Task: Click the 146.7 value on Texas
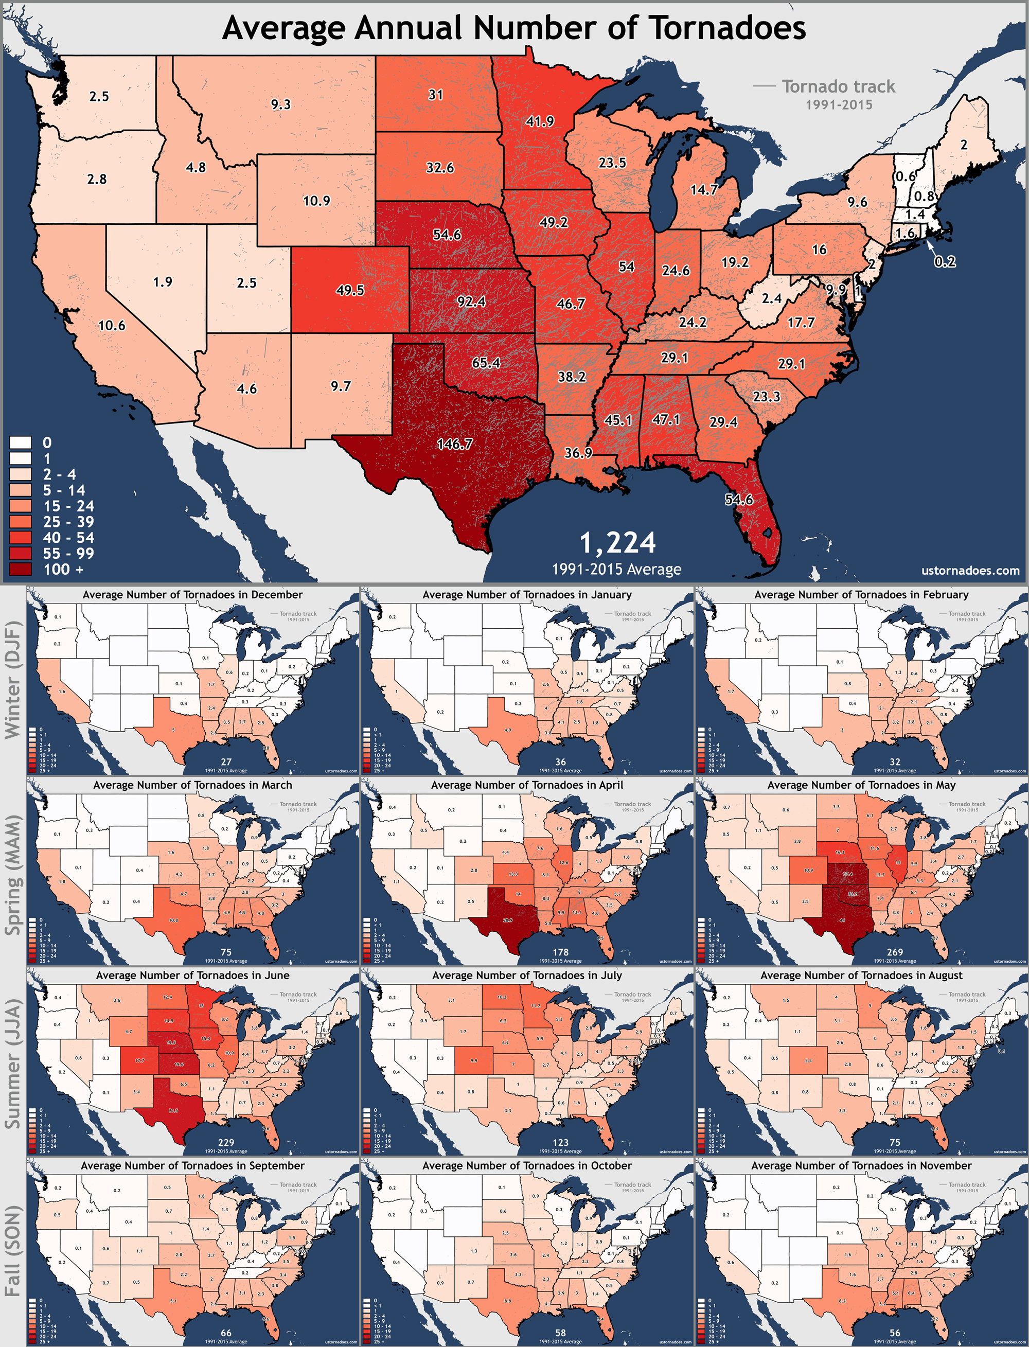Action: [454, 444]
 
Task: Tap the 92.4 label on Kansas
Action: [471, 301]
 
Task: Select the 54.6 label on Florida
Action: [739, 499]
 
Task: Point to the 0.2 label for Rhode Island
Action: [945, 261]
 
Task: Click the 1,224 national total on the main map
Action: [617, 543]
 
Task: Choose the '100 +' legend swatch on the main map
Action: [20, 569]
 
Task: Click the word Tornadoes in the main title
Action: [727, 28]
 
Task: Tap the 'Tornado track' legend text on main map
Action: [838, 87]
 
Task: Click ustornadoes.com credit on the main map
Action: [970, 570]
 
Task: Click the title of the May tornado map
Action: [861, 785]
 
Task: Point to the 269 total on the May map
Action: [894, 952]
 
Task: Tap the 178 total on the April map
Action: [560, 952]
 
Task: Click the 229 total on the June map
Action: [225, 1142]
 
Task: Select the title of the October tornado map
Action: [527, 1166]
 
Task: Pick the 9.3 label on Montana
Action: [280, 105]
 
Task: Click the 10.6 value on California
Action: [112, 325]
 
